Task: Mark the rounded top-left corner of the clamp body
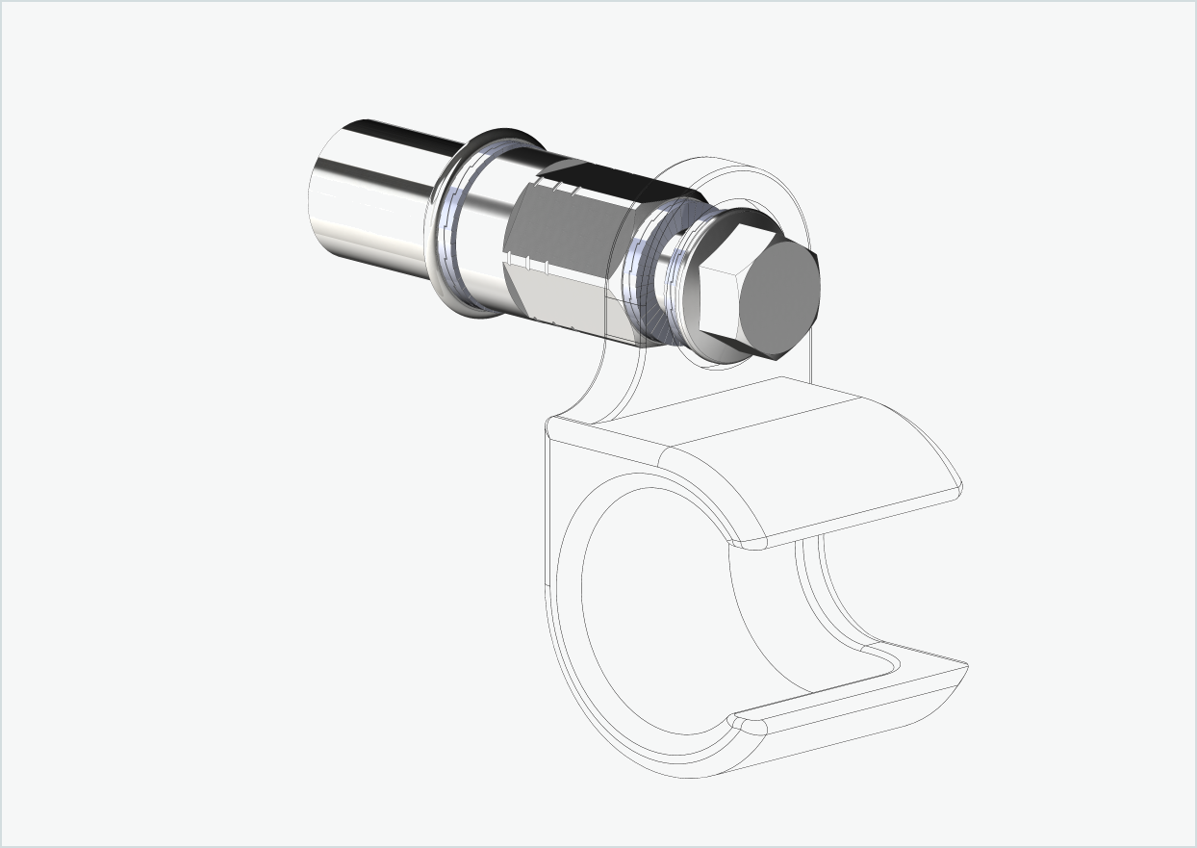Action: (x=554, y=427)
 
